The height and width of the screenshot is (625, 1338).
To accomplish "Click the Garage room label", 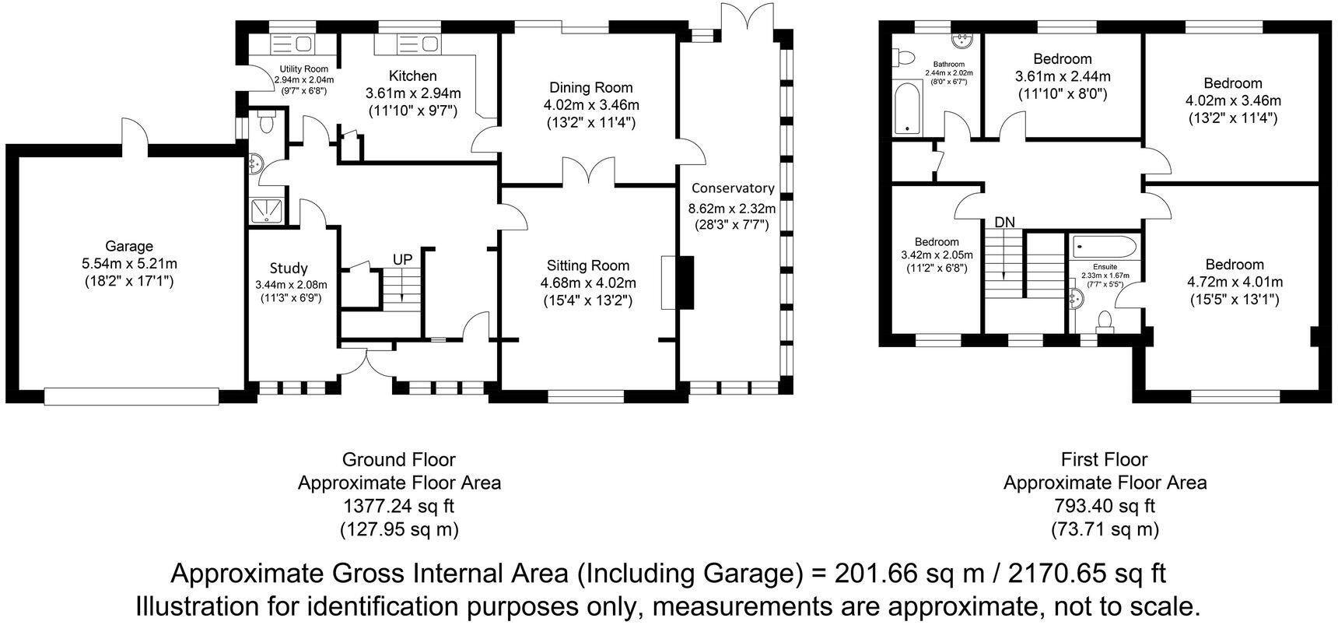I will pos(128,246).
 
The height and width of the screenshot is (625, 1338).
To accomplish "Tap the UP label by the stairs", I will pos(402,258).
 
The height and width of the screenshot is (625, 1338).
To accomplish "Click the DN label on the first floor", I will pos(1005,222).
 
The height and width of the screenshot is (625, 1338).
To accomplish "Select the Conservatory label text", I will pos(733,188).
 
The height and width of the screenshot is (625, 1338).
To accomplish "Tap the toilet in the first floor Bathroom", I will pos(904,57).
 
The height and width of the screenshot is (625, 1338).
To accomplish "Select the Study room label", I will pos(289,269).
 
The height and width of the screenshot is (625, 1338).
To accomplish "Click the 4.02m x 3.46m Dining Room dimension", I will pos(591,105).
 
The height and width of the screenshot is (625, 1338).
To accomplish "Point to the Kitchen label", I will pos(413,75).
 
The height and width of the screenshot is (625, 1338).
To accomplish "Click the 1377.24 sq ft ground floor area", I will pos(399,506).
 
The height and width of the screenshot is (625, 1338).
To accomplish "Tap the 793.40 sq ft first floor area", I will pos(1105,506).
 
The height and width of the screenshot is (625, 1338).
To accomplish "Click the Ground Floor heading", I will pos(399,459).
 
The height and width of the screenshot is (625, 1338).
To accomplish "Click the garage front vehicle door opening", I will pos(131,397).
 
